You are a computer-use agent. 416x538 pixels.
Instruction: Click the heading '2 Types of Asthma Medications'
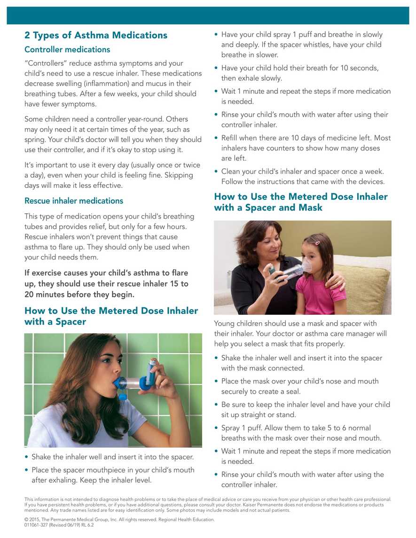95,35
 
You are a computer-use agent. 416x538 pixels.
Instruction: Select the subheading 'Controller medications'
67,49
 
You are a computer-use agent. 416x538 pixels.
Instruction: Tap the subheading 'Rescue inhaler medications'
74,201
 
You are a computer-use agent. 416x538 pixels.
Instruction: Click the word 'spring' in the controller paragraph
35,140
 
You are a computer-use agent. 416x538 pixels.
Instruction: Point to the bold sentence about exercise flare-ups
106,284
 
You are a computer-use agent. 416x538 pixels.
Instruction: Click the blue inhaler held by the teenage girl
151,371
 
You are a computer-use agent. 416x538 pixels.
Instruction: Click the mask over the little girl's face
306,266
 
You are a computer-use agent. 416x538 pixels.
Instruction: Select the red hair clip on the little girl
317,243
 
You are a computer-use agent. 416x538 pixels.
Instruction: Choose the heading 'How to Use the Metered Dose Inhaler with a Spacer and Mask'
301,202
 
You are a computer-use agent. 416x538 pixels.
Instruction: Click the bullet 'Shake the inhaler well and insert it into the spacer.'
112,456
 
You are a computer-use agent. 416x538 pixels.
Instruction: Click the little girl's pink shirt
320,294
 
